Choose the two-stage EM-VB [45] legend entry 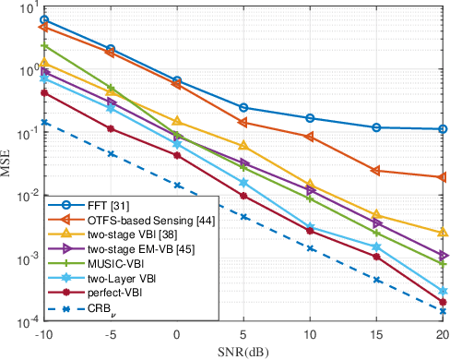[128, 249]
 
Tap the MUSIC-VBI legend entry [114, 264]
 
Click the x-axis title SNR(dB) [243, 352]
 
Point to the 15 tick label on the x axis [376, 335]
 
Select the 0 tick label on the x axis [177, 335]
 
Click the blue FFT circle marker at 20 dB [443, 129]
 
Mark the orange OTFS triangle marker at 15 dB [376, 171]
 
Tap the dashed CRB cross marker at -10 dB [44, 122]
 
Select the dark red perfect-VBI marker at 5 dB [243, 196]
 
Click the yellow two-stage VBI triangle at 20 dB [443, 233]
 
